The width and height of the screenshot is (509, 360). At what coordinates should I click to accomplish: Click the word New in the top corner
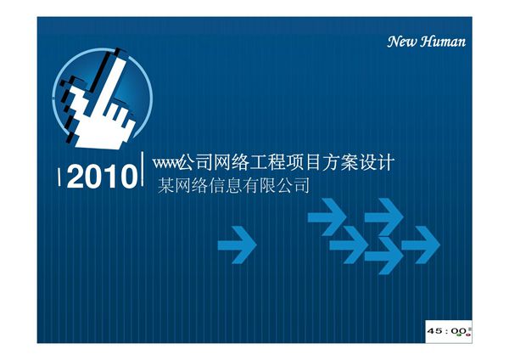pyautogui.click(x=401, y=42)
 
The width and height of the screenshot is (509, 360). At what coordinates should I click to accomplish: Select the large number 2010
pyautogui.click(x=101, y=178)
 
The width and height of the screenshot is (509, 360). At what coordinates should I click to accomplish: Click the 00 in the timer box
pyautogui.click(x=459, y=329)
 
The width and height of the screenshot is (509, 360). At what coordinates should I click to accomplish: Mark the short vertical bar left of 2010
pyautogui.click(x=59, y=178)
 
